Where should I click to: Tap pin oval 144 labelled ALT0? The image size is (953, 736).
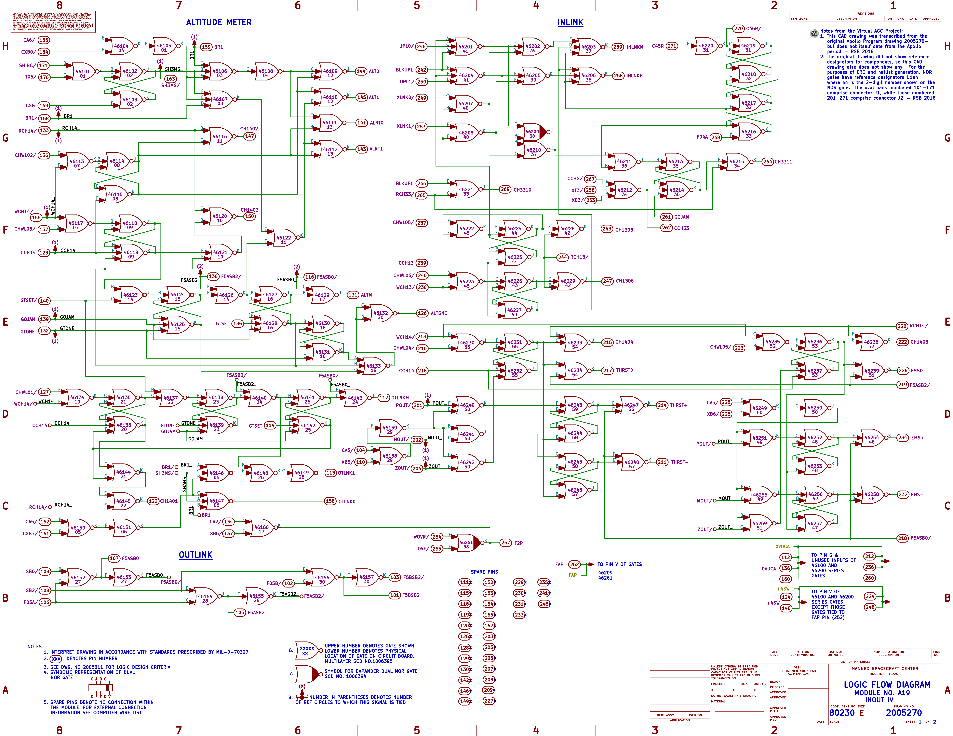click(x=361, y=71)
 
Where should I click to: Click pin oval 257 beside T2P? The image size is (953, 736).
click(x=505, y=543)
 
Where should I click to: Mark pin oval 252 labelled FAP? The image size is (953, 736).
click(x=574, y=564)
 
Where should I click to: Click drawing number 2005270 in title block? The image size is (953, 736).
click(x=903, y=712)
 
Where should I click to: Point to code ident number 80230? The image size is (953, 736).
click(x=842, y=712)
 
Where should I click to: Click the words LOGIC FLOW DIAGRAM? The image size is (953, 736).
click(x=887, y=684)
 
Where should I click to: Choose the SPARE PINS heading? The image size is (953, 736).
click(x=484, y=572)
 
